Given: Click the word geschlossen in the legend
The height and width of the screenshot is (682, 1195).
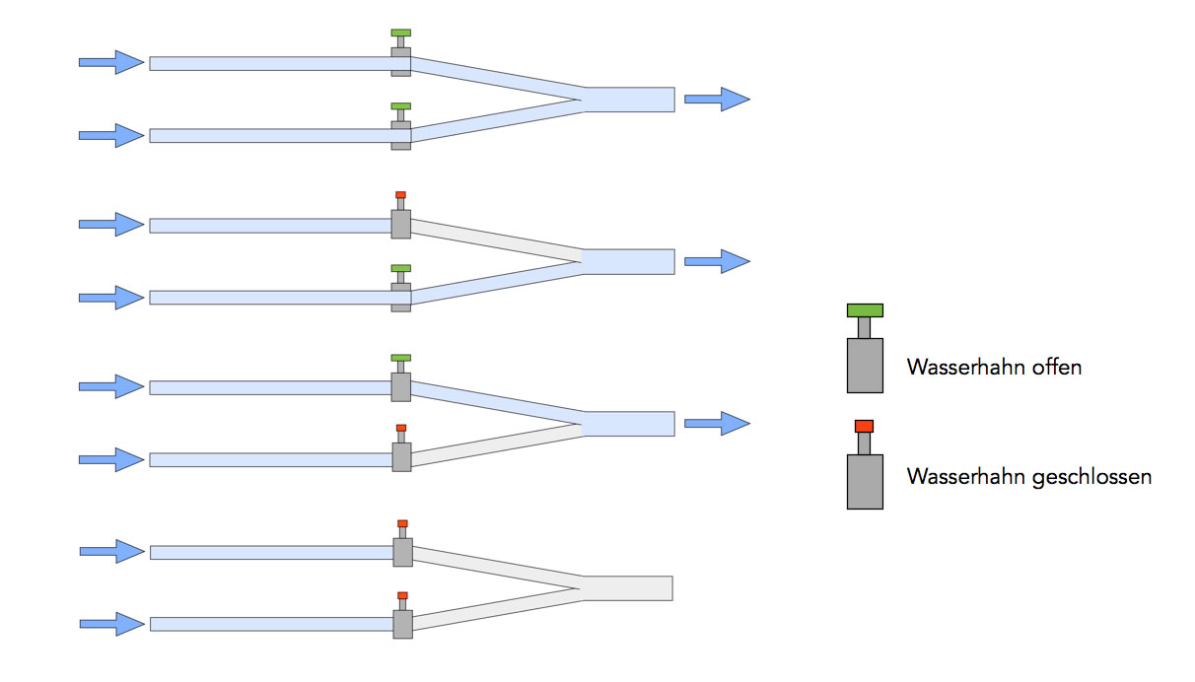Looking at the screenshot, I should [x=1091, y=478].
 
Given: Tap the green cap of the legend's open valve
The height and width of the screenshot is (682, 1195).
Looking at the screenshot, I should [x=865, y=310].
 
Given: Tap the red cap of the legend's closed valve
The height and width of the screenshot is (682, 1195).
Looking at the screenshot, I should [x=864, y=426].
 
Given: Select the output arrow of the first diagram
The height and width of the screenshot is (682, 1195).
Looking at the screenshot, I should [x=717, y=99].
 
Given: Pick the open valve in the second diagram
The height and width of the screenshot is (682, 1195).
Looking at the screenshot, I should [x=400, y=293].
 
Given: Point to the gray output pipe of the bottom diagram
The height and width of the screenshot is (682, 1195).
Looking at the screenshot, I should [x=627, y=588].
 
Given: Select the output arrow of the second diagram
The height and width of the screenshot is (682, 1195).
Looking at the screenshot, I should [x=717, y=261].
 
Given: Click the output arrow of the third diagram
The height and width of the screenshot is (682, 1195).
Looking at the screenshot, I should [x=717, y=424].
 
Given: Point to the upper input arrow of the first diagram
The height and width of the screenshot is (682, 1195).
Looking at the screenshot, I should [x=111, y=62].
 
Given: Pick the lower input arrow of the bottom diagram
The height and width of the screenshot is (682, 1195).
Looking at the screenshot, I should [x=111, y=624].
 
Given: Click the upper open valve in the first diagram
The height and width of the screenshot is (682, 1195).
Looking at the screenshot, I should [x=400, y=59].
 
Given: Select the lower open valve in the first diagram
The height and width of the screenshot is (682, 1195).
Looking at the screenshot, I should [x=400, y=131].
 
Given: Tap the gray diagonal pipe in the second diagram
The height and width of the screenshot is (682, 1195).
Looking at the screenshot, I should [x=493, y=241].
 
